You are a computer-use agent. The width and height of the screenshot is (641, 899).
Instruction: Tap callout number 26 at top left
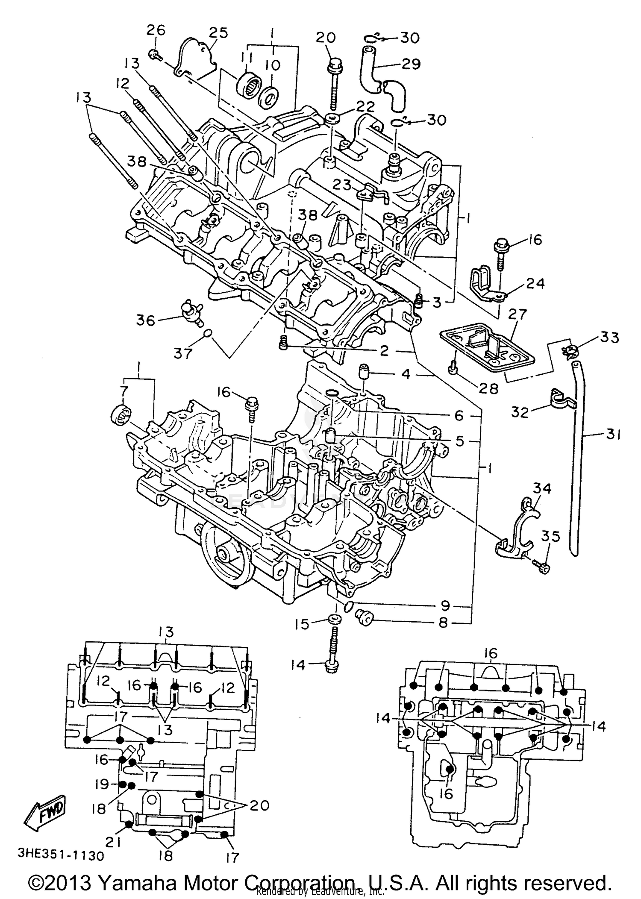[x=156, y=30]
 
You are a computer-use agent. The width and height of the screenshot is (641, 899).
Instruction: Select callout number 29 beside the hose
[x=411, y=64]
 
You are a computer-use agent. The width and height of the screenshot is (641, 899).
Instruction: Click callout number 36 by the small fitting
[x=146, y=320]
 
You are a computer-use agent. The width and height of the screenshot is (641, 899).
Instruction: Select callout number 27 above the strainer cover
[x=518, y=314]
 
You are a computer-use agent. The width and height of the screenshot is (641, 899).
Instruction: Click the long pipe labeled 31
[x=578, y=457]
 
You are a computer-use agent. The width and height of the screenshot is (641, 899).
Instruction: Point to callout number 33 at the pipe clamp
[x=609, y=337]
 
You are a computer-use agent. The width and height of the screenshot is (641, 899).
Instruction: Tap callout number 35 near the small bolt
[x=550, y=536]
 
